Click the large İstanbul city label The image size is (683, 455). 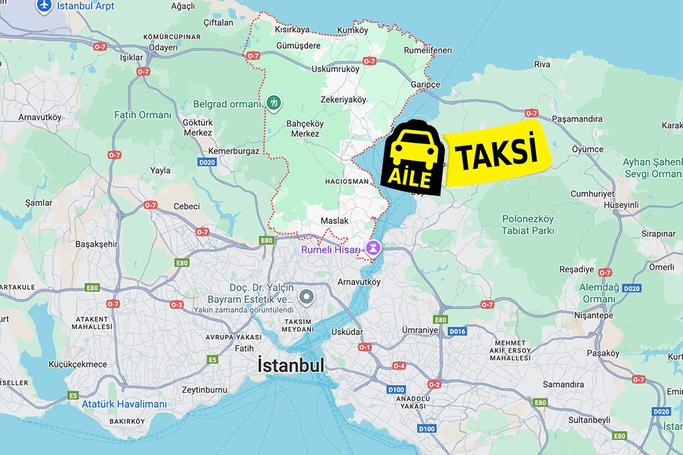tap(291, 365)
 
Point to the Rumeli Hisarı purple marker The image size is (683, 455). tap(374, 248)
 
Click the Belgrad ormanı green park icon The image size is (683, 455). tap(274, 103)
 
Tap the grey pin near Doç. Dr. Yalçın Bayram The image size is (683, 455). tap(306, 297)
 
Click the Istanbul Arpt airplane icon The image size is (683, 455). tap(44, 6)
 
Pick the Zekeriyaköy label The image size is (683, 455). tap(343, 99)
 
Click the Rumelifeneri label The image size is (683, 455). tap(428, 50)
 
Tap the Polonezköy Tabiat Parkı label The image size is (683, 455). tap(528, 224)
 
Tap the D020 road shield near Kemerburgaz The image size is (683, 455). tap(207, 162)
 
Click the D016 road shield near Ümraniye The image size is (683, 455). tap(457, 331)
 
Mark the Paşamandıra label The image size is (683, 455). tap(577, 119)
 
